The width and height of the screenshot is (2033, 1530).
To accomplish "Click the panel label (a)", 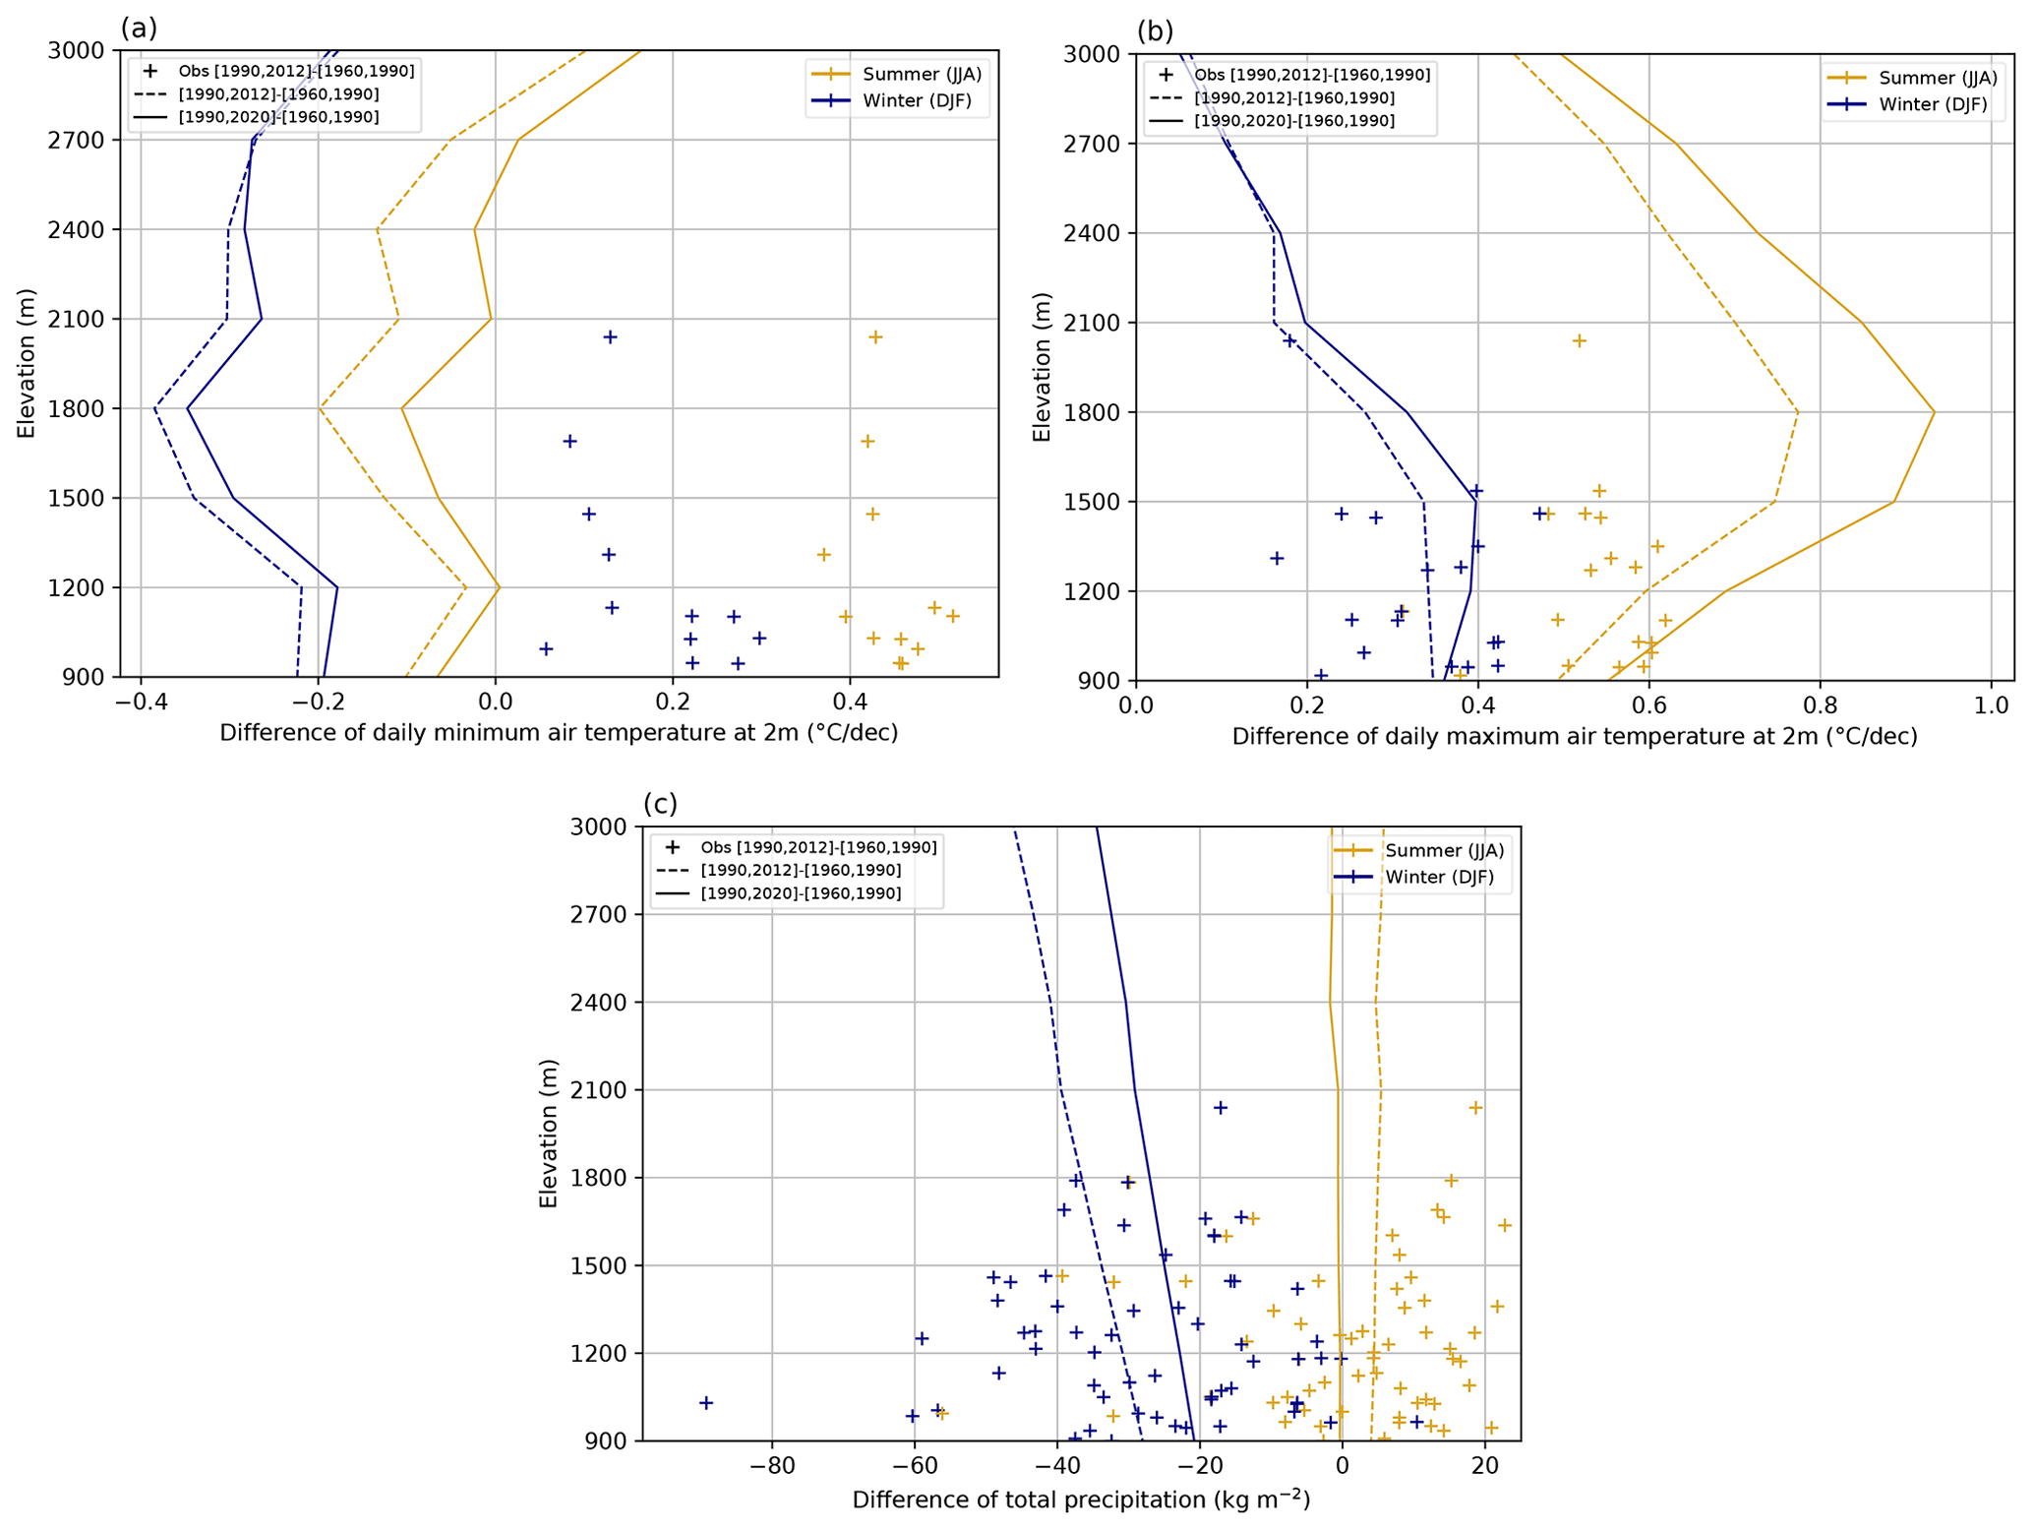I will tap(139, 29).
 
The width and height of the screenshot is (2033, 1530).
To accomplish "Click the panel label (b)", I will tap(1155, 31).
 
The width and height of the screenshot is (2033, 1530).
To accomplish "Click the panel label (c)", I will tap(660, 804).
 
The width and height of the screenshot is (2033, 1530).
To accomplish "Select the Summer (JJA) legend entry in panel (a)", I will tap(922, 74).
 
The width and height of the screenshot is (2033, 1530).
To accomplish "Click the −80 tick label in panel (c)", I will tap(771, 1466).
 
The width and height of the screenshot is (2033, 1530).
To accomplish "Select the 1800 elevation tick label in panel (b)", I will tap(1093, 412).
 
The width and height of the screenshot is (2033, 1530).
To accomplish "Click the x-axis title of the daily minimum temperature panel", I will tap(559, 733).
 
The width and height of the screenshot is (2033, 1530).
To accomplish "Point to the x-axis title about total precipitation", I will tap(1081, 1500).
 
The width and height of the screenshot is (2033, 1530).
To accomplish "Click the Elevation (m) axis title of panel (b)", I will tap(1043, 366).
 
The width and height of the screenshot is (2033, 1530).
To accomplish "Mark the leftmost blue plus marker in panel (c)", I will tap(705, 1402).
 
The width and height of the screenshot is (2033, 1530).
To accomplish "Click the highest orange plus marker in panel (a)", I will tap(875, 337).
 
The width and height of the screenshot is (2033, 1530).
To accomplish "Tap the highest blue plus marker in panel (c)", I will tap(1221, 1107).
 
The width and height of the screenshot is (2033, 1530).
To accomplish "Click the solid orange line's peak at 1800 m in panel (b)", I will tap(1935, 412).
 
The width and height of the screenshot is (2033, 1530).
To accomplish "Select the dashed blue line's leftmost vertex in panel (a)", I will tap(154, 408).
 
